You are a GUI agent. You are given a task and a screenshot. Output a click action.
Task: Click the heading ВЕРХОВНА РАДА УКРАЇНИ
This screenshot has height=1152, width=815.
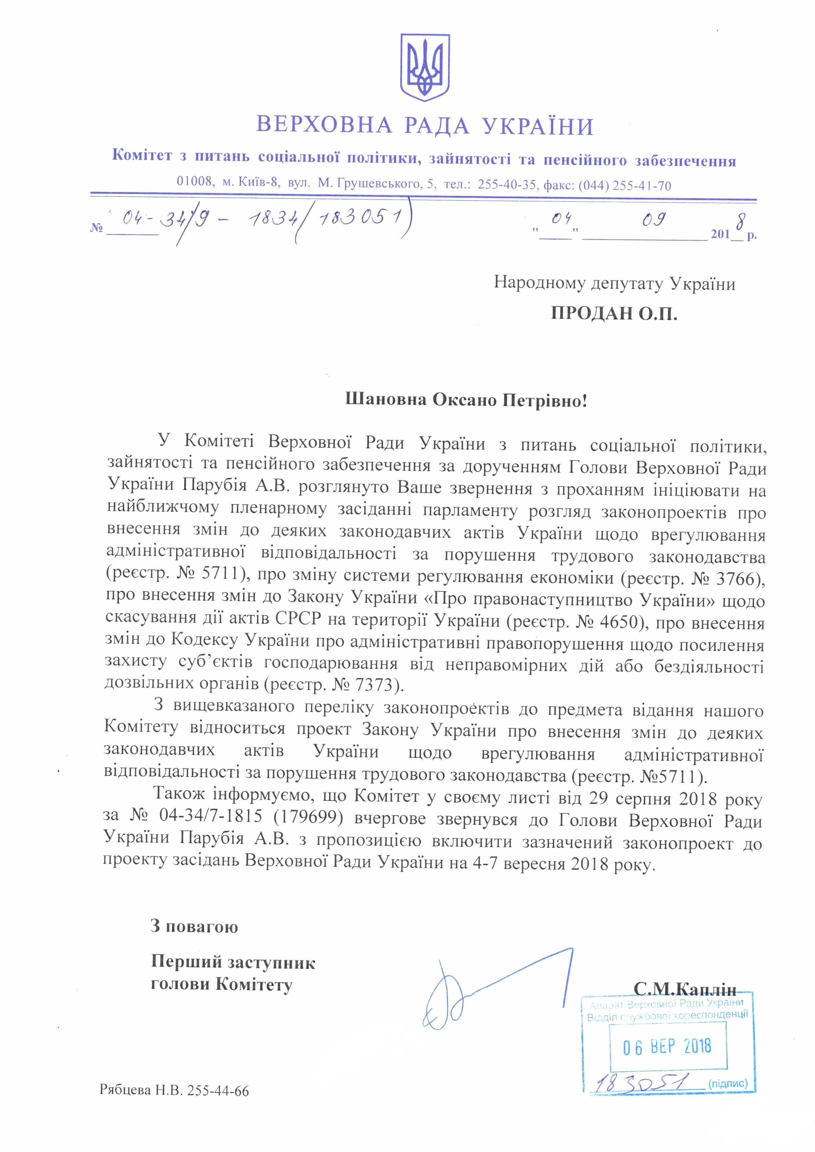[x=425, y=125]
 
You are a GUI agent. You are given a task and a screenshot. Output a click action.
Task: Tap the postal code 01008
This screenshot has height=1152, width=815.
[x=195, y=181]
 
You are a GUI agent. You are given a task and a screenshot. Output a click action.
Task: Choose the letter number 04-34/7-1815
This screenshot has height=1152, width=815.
[x=211, y=816]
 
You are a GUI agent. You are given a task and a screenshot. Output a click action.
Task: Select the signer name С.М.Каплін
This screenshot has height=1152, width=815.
[x=685, y=989]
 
